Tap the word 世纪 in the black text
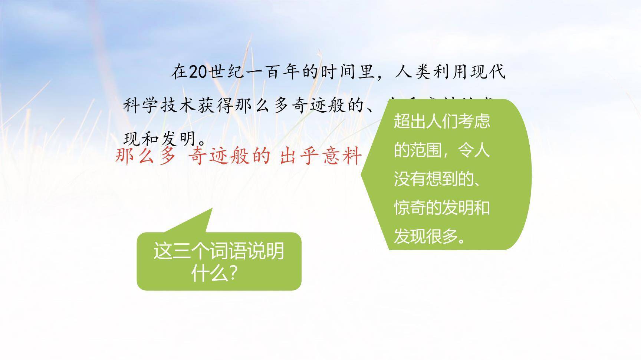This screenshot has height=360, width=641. click(227, 72)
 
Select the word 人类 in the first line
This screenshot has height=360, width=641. click(412, 72)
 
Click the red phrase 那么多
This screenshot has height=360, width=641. click(145, 156)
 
